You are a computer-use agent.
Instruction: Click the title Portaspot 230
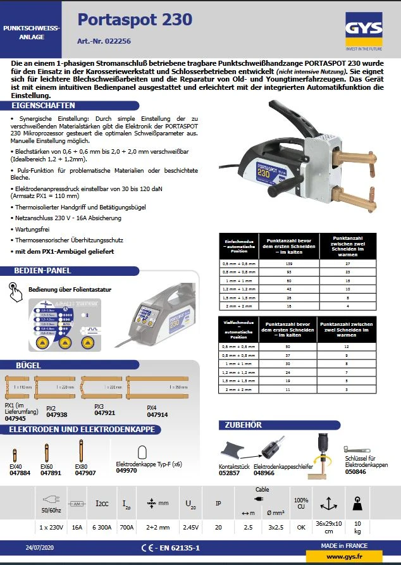135,20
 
